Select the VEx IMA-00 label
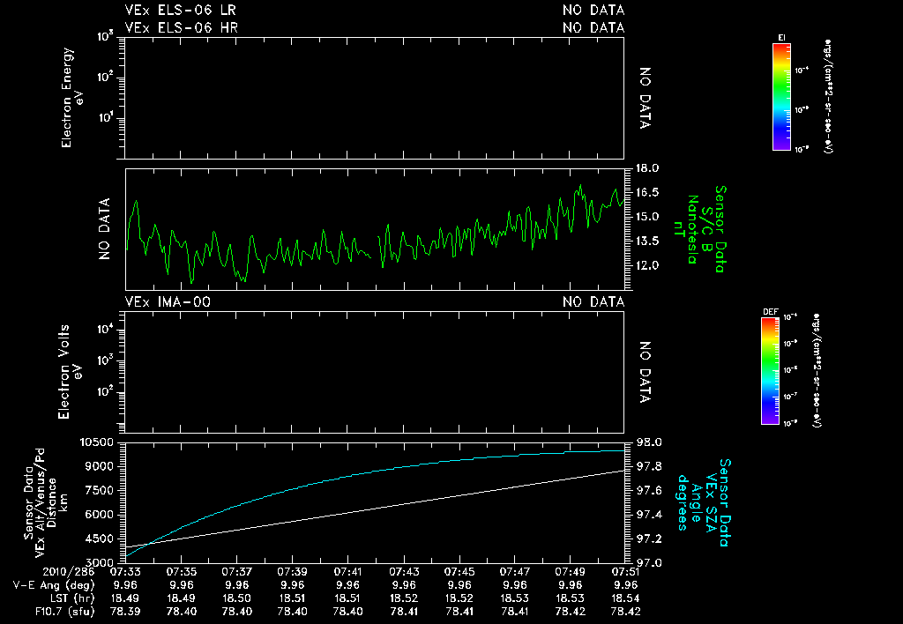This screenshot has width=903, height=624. [x=168, y=302]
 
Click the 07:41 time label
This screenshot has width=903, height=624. [x=348, y=571]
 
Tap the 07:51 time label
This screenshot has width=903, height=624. [x=626, y=571]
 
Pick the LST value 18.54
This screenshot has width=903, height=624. [x=626, y=598]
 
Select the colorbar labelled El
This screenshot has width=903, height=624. [x=781, y=97]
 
